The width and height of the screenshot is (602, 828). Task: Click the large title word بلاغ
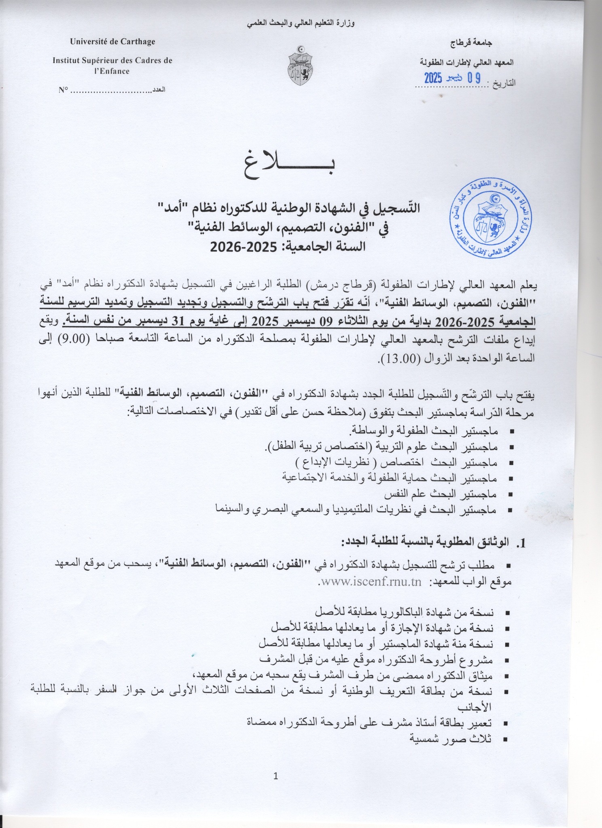[x=289, y=166]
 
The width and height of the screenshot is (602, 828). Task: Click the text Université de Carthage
[x=112, y=42]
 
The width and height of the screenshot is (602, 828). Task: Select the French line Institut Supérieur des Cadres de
[x=112, y=61]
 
